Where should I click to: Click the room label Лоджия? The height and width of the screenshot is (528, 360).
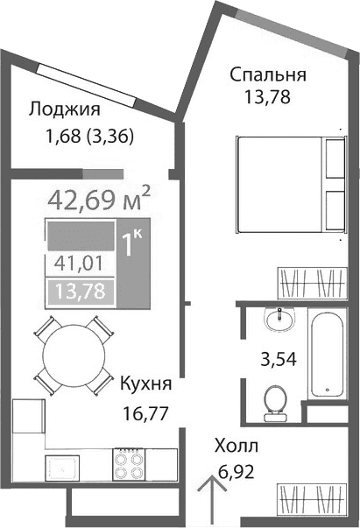tap(64, 110)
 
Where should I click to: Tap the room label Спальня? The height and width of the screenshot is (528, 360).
tap(268, 74)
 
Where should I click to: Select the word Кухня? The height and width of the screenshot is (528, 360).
tap(145, 384)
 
